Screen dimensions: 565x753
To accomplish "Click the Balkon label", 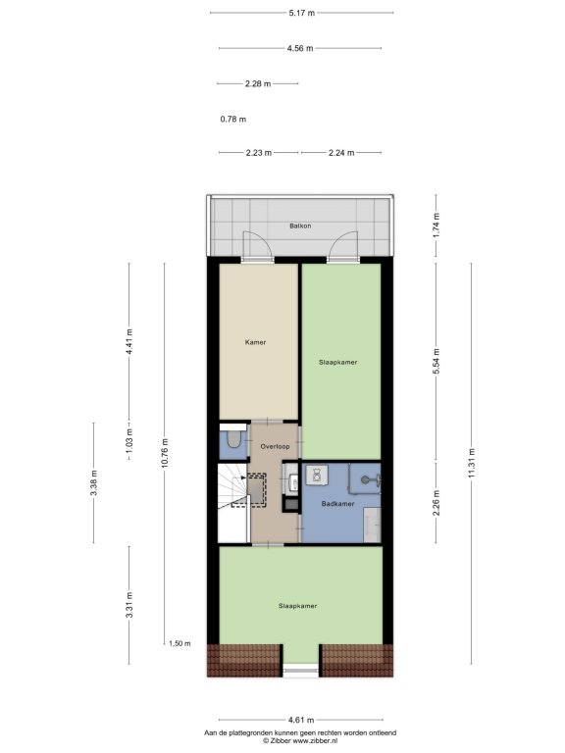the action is coord(300,226).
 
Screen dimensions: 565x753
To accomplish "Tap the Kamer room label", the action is coord(255,342).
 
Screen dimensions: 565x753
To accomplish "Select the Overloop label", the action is coord(275,447).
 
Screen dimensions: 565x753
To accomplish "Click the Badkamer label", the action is coord(337,504).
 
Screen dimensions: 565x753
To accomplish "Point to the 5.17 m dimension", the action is coord(302,13).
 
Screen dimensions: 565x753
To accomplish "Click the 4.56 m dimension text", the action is coord(300,48).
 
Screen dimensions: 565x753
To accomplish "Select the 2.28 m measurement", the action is coord(258,83).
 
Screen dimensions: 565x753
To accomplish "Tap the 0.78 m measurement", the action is coord(233,119).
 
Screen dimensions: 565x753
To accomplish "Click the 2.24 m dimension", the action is coord(341,153).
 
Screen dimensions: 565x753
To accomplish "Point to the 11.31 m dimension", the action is coord(471,463).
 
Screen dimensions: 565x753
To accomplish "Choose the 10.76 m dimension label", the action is coord(165,453).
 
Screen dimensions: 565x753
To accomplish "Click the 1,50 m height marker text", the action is coord(180,643).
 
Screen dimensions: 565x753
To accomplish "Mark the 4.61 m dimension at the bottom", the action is coord(301,720).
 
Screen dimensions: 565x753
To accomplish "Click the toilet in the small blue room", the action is coord(234,439).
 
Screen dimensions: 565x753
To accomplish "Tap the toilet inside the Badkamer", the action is coord(317,475).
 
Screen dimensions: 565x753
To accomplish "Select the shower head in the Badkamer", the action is coord(366,478).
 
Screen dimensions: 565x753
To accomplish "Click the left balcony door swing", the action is coord(258,245).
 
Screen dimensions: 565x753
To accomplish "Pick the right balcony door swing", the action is coord(343,245).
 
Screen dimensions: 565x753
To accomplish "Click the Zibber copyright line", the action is coord(300,741).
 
